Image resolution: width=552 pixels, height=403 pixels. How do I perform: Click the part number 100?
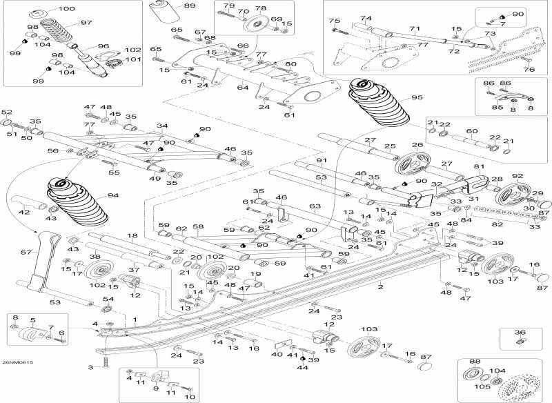(66, 9)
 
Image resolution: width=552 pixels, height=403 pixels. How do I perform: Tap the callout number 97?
(86, 23)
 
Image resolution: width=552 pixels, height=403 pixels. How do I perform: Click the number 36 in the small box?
(520, 332)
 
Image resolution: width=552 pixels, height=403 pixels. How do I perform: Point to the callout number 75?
(334, 21)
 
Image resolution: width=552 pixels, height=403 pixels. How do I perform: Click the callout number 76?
(529, 69)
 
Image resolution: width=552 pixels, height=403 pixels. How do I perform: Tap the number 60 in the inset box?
(472, 130)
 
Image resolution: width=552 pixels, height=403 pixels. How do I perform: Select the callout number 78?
(261, 8)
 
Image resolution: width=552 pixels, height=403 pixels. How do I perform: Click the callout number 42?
(23, 213)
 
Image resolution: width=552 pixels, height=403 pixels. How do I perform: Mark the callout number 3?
(90, 367)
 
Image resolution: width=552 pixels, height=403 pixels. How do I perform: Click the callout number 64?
(243, 88)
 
